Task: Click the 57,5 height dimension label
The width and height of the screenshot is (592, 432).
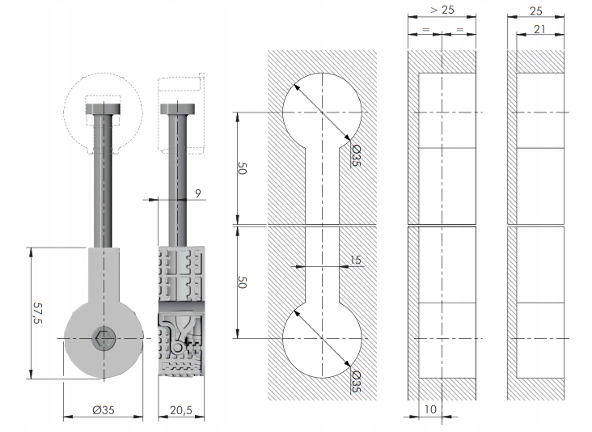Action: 37,311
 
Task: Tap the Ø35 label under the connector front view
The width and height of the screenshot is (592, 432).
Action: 104,410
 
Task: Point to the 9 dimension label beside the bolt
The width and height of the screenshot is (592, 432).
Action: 199,193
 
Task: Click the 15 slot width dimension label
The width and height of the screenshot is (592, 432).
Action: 356,260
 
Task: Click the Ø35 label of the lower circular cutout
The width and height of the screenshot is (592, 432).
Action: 357,381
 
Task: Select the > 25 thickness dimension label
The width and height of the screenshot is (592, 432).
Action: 442,11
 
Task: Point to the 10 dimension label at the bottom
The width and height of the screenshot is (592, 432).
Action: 429,410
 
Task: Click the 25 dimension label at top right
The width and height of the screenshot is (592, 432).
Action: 535,11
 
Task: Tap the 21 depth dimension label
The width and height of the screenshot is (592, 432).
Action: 540,29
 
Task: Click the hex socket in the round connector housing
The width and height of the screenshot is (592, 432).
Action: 102,338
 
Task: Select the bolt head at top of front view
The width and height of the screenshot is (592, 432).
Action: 103,108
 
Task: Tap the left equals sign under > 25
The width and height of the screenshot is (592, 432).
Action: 425,30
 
